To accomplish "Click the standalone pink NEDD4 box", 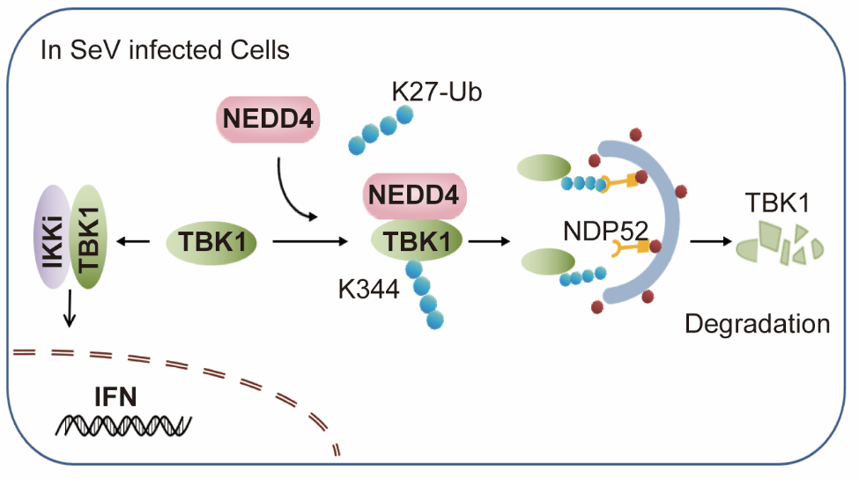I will coord(265,116).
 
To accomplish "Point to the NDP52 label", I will coord(606,232).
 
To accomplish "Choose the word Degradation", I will coord(758,323).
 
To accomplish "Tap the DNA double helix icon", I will coord(123,425).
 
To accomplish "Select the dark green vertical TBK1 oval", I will coord(86,236).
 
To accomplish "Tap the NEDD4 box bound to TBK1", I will coord(418,196).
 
